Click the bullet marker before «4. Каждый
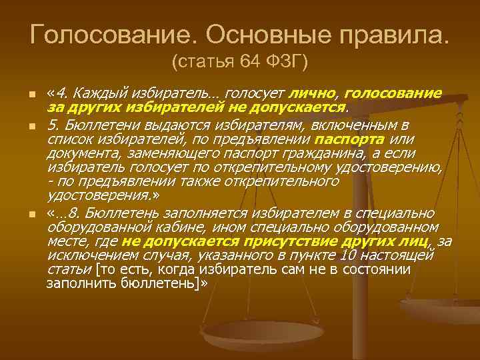tap(31, 94)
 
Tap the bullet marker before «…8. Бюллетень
tap(31, 215)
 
